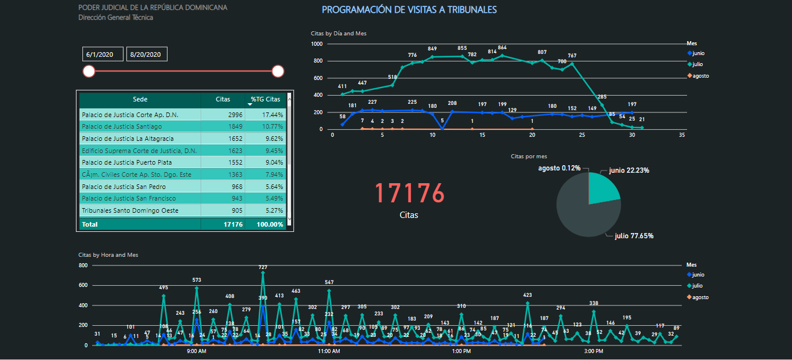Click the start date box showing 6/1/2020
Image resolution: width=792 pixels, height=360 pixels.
(x=103, y=54)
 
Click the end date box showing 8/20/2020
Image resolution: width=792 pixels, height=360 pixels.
(x=147, y=54)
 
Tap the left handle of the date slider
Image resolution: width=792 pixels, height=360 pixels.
(x=89, y=71)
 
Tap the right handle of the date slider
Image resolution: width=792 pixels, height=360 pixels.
(x=278, y=71)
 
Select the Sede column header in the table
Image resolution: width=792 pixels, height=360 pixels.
(x=140, y=99)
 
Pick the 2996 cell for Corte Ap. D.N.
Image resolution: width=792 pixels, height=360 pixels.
(x=223, y=115)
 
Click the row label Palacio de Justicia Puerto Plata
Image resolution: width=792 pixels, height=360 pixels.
(x=127, y=162)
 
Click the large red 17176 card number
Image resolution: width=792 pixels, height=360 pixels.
(x=409, y=193)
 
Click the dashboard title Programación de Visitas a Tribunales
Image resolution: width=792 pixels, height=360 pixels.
(x=409, y=10)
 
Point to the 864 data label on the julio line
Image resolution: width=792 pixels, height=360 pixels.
(x=502, y=48)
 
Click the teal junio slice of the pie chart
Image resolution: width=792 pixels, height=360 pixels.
(x=603, y=184)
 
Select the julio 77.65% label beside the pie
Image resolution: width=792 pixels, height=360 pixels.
(x=634, y=236)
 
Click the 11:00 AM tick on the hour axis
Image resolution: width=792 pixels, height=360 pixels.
(x=329, y=351)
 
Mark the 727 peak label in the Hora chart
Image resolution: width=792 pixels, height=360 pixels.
(x=263, y=267)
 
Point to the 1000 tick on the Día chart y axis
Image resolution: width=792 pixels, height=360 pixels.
(x=317, y=44)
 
